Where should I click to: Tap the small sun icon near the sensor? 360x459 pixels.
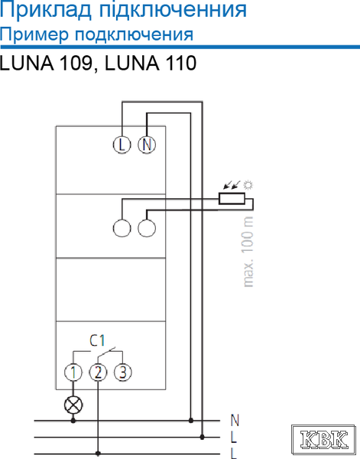click(x=248, y=185)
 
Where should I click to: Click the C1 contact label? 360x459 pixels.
click(x=97, y=340)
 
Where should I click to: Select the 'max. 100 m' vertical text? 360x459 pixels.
click(x=248, y=252)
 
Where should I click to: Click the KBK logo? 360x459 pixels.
click(x=324, y=439)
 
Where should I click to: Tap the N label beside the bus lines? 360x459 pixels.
click(x=235, y=420)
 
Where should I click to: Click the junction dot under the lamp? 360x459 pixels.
click(x=73, y=421)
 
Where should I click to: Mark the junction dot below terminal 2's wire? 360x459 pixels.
click(x=98, y=454)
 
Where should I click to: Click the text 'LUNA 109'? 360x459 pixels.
click(x=46, y=63)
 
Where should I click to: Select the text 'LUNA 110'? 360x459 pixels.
click(x=151, y=63)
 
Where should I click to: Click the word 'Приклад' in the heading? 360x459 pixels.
click(x=46, y=10)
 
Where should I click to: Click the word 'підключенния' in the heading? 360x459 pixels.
click(x=174, y=10)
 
